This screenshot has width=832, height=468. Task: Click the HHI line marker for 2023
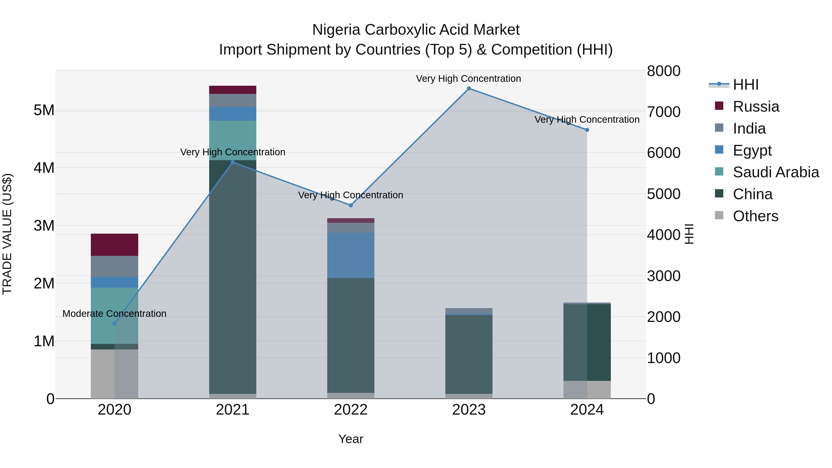click(x=469, y=89)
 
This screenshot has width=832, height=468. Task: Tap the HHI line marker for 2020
click(x=114, y=324)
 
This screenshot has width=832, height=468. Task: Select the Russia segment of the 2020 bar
click(x=114, y=245)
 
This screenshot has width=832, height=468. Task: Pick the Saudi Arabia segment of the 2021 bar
click(x=232, y=141)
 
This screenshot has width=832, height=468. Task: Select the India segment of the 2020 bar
click(x=114, y=266)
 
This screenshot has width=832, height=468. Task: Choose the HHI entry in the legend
click(x=745, y=85)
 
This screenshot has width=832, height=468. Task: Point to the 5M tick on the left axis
click(x=44, y=110)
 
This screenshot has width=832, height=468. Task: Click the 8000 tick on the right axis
click(x=663, y=71)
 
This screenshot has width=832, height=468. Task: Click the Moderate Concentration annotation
click(x=114, y=314)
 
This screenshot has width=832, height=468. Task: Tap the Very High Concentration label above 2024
click(x=587, y=119)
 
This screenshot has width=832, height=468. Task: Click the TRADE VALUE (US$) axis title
click(x=7, y=234)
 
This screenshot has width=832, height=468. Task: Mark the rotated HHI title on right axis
click(x=689, y=234)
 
